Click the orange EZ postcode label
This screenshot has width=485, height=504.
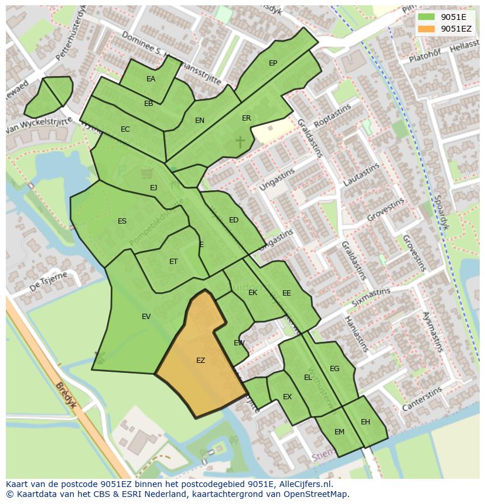pos(200,361)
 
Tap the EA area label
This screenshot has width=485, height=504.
pos(151,79)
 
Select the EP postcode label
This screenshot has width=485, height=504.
pos(273,63)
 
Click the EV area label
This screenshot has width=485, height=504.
pos(146,317)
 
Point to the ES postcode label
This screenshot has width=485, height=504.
pos(122,221)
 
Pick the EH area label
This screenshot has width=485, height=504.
pos(366,422)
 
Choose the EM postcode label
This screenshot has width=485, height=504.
pos(339,432)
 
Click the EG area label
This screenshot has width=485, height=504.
pos(334,369)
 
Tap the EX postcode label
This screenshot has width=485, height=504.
pos(287,397)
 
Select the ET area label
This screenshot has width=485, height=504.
pos(173,262)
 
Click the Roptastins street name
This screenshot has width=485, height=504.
pos(332,116)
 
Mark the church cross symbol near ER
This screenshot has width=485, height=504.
pos(240,141)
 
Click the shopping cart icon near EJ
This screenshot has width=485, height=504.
pos(146,173)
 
